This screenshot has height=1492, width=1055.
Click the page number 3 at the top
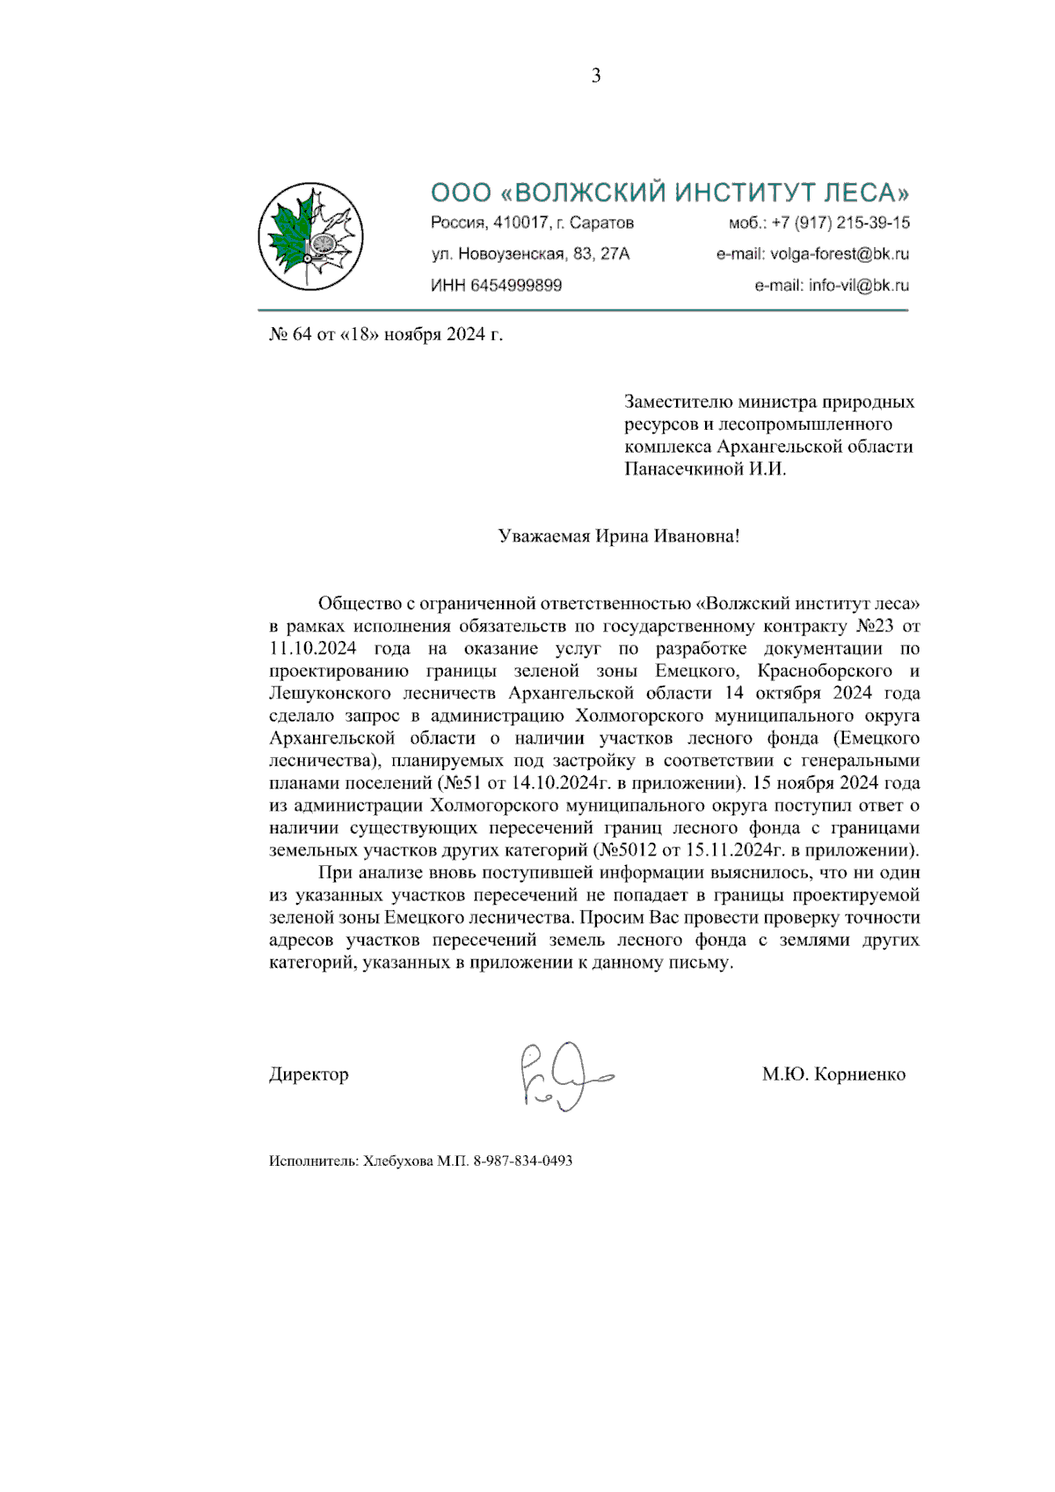596,76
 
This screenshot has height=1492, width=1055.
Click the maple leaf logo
310,236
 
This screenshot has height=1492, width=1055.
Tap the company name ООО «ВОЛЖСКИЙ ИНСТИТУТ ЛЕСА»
670,193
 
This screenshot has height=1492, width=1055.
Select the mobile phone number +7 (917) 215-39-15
840,222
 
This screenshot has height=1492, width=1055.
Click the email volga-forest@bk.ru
840,254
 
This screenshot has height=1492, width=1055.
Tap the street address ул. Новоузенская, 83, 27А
530,254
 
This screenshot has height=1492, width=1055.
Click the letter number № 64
290,335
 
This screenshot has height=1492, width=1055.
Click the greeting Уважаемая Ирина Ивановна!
618,536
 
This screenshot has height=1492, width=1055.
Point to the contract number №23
875,627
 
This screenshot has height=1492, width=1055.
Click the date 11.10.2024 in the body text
313,649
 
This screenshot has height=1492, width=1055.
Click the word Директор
309,1074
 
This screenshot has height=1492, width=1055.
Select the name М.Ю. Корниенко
833,1074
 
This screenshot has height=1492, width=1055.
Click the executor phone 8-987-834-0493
525,1161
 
